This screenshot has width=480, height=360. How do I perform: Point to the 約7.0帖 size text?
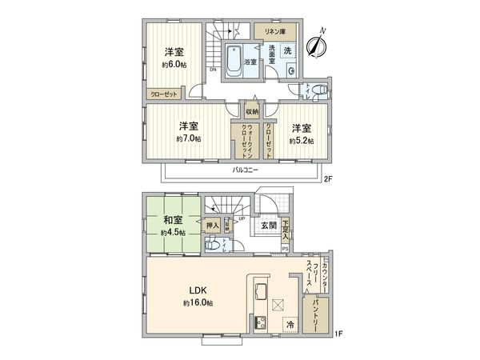pyautogui.click(x=190, y=138)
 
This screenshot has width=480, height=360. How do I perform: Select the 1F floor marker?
pyautogui.click(x=338, y=333)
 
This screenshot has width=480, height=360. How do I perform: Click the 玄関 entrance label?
pyautogui.click(x=267, y=226)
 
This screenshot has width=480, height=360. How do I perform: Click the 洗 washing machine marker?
pyautogui.click(x=288, y=49)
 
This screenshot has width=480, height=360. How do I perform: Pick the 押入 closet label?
pyautogui.click(x=212, y=226)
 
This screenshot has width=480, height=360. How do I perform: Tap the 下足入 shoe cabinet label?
pyautogui.click(x=286, y=231)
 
